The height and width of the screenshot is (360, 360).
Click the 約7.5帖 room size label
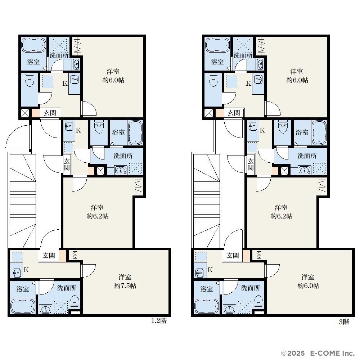(x=125, y=286)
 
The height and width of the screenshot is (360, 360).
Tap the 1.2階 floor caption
(x=159, y=321)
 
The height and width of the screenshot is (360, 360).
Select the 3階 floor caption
(x=344, y=321)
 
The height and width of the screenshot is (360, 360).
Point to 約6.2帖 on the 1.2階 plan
(x=98, y=216)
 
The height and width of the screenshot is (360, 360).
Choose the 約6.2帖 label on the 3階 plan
(x=282, y=216)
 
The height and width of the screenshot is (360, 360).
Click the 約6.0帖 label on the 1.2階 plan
(x=113, y=80)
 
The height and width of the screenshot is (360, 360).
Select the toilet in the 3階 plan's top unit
(x=213, y=80)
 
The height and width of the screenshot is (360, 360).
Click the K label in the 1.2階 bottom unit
(x=26, y=270)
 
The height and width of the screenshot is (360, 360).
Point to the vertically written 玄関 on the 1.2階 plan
(x=67, y=164)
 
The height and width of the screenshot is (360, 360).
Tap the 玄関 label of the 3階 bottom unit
(x=233, y=255)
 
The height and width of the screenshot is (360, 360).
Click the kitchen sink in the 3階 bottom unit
(x=199, y=273)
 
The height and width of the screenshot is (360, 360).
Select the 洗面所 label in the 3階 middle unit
(x=307, y=156)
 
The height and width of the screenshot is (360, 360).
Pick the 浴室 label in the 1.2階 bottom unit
(x=23, y=289)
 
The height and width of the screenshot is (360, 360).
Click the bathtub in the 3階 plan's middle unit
(x=319, y=132)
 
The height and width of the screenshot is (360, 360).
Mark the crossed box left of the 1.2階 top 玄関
(x=25, y=113)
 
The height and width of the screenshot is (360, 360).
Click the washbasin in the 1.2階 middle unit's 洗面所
(x=121, y=170)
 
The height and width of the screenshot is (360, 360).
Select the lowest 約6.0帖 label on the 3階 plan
(x=309, y=286)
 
